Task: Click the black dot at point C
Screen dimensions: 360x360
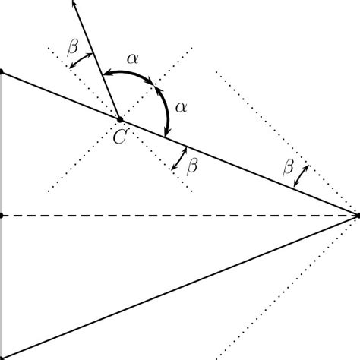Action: [x=119, y=118]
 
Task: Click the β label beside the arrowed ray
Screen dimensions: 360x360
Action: [x=73, y=47]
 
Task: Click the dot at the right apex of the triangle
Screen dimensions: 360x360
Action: [x=357, y=216]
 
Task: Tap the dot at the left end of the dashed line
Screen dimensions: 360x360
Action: [x=2, y=216]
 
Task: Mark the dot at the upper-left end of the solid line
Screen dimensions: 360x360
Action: [x=2, y=72]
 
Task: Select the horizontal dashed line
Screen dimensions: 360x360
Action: [x=182, y=216]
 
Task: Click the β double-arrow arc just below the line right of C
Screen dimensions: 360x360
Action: [x=179, y=158]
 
